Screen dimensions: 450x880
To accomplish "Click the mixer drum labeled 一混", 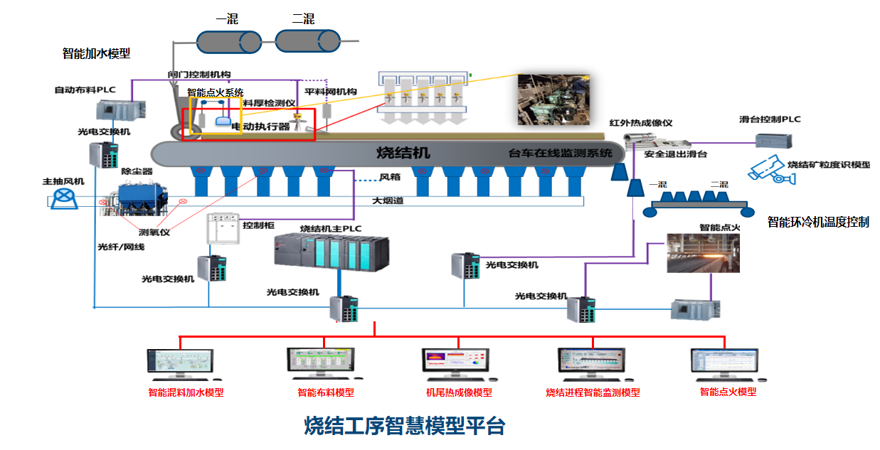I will (x=228, y=42).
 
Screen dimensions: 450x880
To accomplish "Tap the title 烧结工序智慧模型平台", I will (x=405, y=426).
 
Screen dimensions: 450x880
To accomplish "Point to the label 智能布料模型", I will (x=325, y=392).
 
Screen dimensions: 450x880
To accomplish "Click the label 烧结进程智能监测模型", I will (x=593, y=392).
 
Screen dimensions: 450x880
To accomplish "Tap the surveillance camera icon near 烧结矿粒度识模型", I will (x=768, y=171).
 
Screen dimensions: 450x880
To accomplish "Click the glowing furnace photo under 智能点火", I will (x=703, y=254).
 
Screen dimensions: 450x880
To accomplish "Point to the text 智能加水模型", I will (x=96, y=53).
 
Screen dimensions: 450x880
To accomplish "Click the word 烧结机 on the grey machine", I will (x=403, y=153).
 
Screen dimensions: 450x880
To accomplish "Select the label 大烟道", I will (x=388, y=201).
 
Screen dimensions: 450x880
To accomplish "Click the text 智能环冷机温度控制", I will (x=817, y=222).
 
